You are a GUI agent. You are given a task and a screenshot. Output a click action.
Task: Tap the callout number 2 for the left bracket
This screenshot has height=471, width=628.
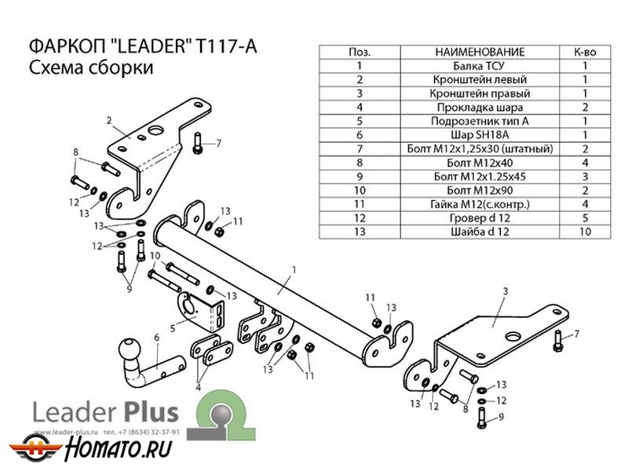point(110,120)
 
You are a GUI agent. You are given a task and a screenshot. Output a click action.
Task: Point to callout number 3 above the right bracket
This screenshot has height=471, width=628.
point(506,292)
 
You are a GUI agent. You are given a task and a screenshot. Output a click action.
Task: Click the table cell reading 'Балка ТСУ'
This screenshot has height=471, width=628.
point(478,66)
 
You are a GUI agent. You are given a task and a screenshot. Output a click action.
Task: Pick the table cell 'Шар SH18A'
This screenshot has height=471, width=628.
point(478,134)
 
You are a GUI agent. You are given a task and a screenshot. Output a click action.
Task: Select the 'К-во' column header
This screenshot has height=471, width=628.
point(585,52)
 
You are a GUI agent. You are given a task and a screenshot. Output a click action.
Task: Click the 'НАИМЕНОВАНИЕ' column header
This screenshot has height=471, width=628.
point(478,52)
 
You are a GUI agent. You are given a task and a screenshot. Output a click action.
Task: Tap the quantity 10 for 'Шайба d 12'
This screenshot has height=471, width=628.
point(585,232)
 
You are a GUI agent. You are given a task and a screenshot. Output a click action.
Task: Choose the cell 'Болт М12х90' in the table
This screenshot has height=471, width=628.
point(478,190)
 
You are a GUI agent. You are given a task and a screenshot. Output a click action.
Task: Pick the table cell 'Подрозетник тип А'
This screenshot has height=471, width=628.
point(478,121)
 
